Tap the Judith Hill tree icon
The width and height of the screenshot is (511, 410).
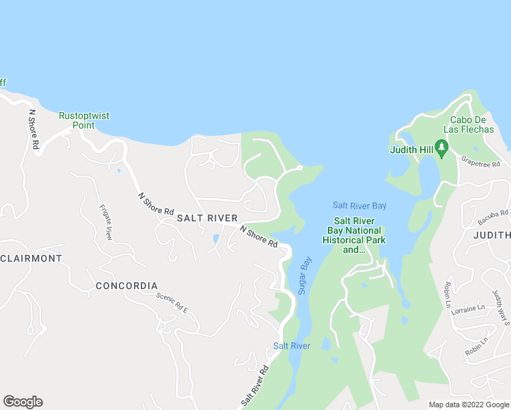(x=441, y=147)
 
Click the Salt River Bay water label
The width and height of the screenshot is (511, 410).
(x=359, y=205)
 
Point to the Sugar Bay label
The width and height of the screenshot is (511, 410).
(x=305, y=275)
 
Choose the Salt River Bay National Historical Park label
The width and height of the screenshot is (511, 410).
(x=354, y=235)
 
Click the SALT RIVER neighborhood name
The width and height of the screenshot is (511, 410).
(x=207, y=218)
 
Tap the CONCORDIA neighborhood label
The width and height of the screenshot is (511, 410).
(x=126, y=286)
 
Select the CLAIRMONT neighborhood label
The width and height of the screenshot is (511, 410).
(x=31, y=258)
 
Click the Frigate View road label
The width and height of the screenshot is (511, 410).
(x=106, y=222)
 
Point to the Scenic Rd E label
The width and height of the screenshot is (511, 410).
(x=171, y=302)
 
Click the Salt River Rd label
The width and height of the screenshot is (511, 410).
(x=254, y=386)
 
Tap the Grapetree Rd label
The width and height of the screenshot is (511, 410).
(x=480, y=162)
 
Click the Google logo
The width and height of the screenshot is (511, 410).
(x=23, y=402)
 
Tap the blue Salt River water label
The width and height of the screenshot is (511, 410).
(x=292, y=346)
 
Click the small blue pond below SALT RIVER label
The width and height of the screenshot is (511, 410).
(x=216, y=239)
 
